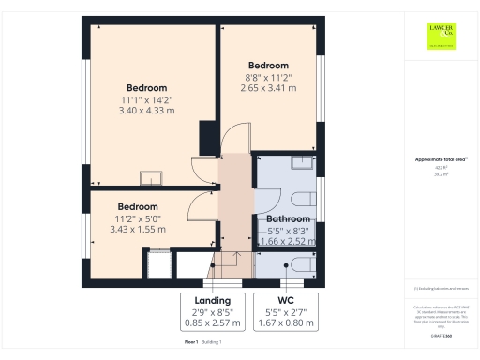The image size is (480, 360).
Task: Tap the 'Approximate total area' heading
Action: pyautogui.click(x=439, y=159)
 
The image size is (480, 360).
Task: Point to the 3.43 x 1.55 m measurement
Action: pyautogui.click(x=137, y=229)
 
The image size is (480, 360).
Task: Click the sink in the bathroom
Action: pyautogui.click(x=302, y=163)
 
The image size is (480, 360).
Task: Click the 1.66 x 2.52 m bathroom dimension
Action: pyautogui.click(x=283, y=240)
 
